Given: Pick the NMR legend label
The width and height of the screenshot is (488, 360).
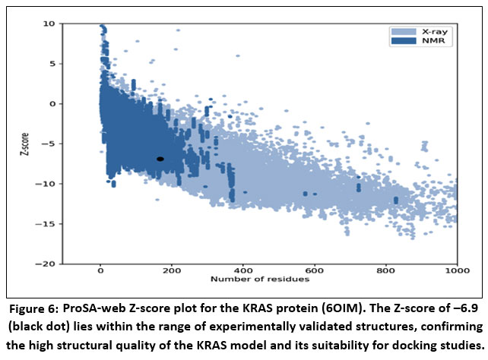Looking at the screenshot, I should (x=423, y=42).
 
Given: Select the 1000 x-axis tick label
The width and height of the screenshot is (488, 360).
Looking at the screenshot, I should (x=455, y=270).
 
